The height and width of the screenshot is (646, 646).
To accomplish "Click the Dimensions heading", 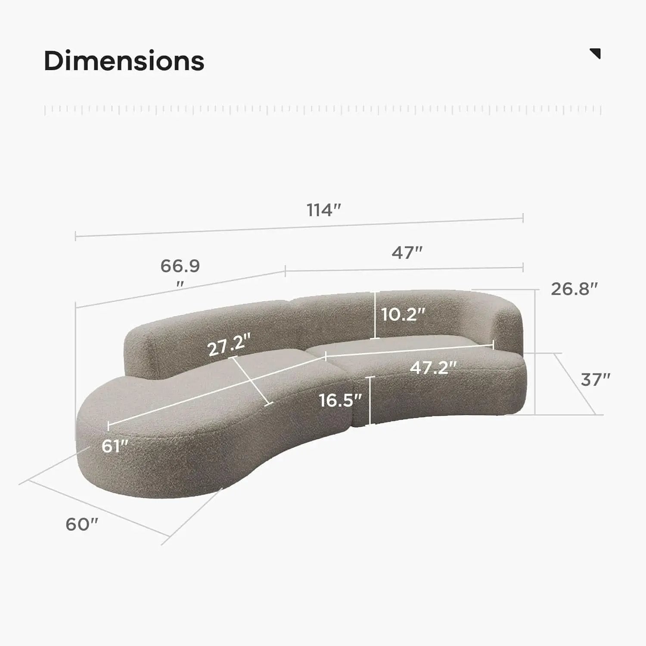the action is click(x=124, y=61).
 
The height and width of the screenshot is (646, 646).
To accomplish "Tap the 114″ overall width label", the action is click(x=324, y=211).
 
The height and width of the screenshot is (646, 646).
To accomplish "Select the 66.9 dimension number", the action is click(x=180, y=266).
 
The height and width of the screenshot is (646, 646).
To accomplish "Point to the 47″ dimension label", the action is click(x=407, y=253).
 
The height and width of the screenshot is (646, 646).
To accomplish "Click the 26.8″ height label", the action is click(x=575, y=289).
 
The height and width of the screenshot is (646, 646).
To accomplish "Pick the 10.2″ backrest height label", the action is click(x=404, y=314).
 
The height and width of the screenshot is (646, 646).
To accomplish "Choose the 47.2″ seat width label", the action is click(x=433, y=368).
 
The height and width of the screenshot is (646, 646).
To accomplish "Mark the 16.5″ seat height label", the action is click(x=340, y=401).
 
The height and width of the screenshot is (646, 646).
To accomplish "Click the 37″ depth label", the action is click(x=596, y=380).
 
